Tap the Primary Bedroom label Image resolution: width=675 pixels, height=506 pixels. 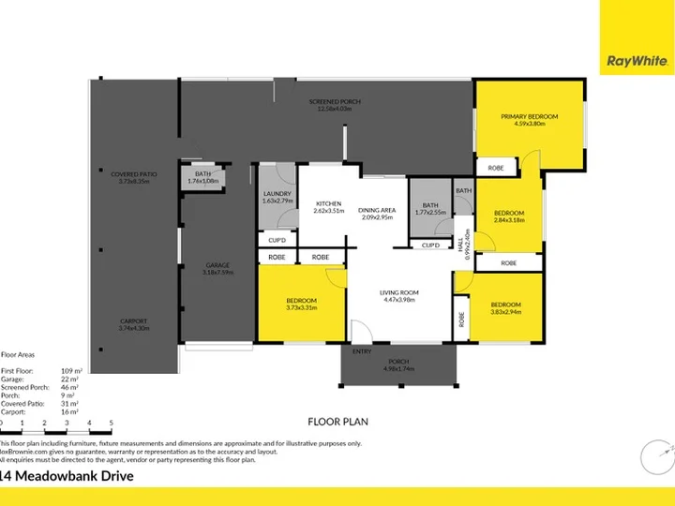point(529,116)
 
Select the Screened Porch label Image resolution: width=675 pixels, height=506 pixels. point(338,101)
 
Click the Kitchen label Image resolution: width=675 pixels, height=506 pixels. point(327,203)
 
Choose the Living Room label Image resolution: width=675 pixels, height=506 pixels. point(398,292)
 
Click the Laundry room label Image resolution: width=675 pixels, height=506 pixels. point(278,194)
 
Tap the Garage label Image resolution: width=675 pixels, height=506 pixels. point(218,265)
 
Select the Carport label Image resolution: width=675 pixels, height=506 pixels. point(134,320)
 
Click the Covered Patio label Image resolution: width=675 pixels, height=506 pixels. point(134,174)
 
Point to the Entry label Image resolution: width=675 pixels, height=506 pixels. point(362,351)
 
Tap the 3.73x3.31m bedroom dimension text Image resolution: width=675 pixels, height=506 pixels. point(301,307)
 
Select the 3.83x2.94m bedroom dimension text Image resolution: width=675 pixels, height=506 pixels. point(506,310)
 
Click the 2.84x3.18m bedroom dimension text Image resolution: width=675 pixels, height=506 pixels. point(509,220)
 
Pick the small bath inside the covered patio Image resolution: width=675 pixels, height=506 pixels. point(202,177)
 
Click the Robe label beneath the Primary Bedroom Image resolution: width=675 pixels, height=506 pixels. point(493,169)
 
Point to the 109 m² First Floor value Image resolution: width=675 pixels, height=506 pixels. point(72,372)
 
